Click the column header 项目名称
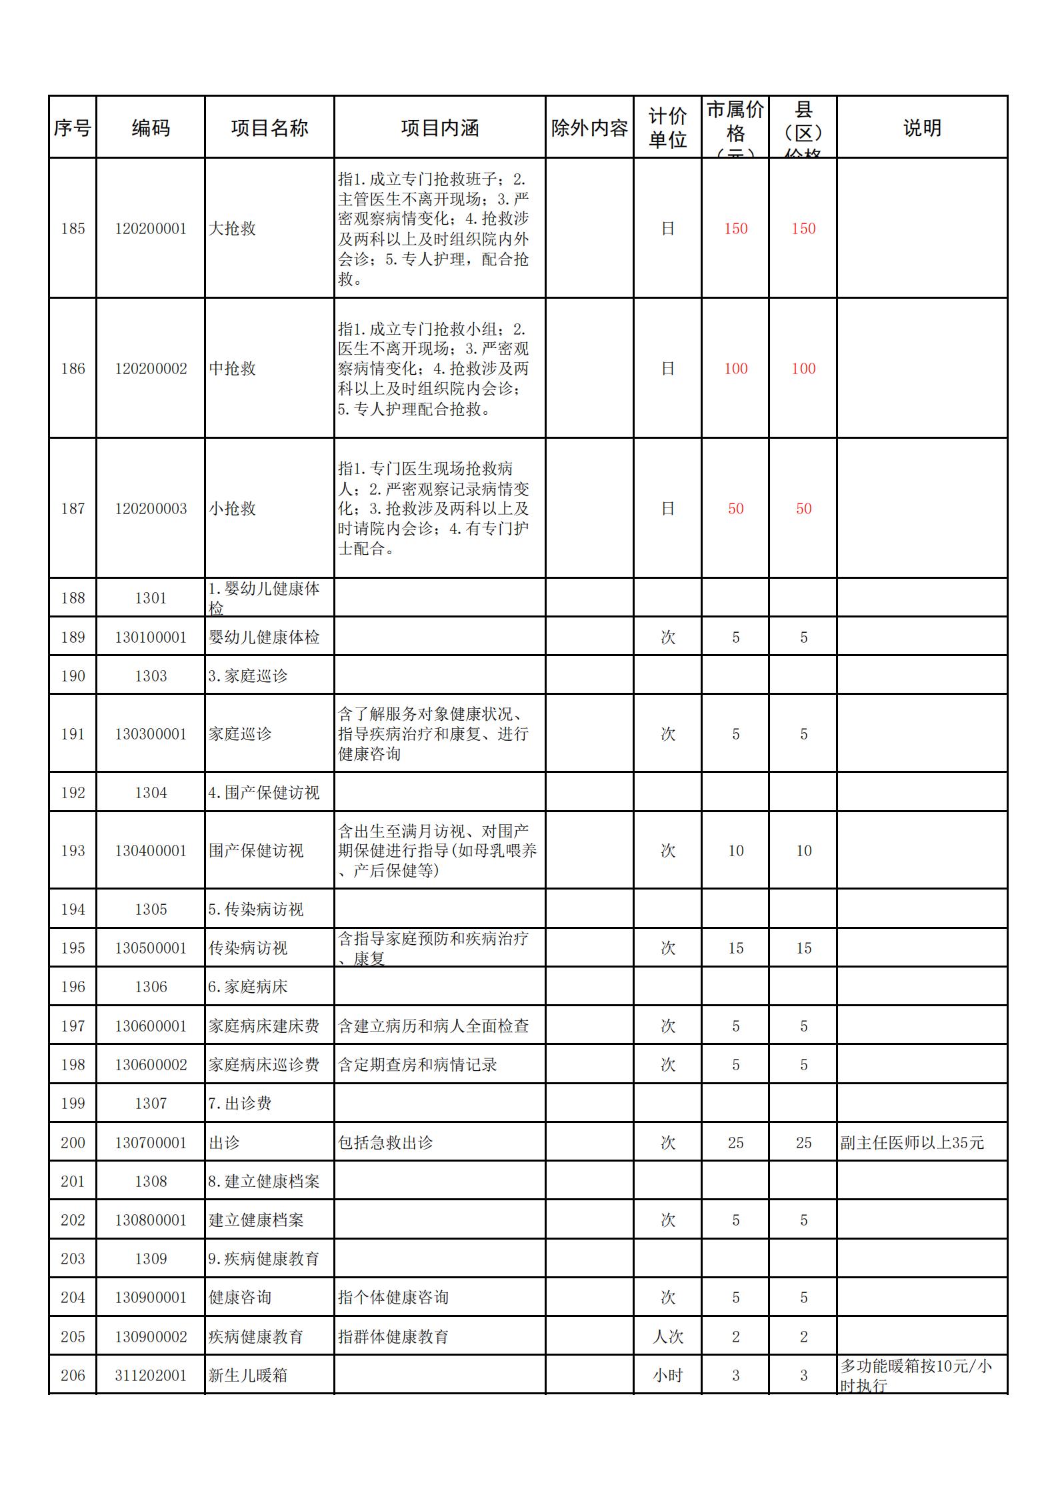pyautogui.click(x=269, y=128)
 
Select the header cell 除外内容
pyautogui.click(x=589, y=128)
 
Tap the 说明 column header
pyautogui.click(x=922, y=128)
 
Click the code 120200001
pyautogui.click(x=151, y=229)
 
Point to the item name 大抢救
pyautogui.click(x=232, y=229)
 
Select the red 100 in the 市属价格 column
pyautogui.click(x=735, y=369)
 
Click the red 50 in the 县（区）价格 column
pyautogui.click(x=803, y=509)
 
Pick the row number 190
pyautogui.click(x=73, y=676)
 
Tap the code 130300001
pyautogui.click(x=151, y=734)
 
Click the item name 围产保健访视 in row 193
pyautogui.click(x=256, y=851)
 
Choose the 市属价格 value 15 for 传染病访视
pyautogui.click(x=735, y=948)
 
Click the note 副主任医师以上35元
pyautogui.click(x=912, y=1143)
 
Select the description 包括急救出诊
pyautogui.click(x=385, y=1143)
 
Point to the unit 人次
pyautogui.click(x=668, y=1337)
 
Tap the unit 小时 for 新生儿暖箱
pyautogui.click(x=668, y=1376)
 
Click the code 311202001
pyautogui.click(x=151, y=1376)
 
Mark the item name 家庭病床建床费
pyautogui.click(x=264, y=1026)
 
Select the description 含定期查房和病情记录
pyautogui.click(x=417, y=1065)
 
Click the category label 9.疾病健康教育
pyautogui.click(x=264, y=1259)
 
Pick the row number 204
pyautogui.click(x=73, y=1298)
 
